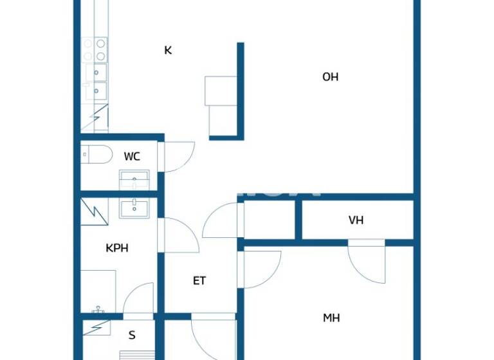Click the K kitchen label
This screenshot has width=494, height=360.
[168, 50]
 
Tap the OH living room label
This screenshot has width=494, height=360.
[330, 77]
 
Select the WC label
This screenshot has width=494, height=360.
[132, 156]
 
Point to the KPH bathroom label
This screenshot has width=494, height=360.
[117, 248]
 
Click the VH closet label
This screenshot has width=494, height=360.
[356, 220]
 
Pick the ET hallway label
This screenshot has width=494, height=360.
[199, 280]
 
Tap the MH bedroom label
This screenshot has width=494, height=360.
[331, 318]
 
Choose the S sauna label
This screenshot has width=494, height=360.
[132, 335]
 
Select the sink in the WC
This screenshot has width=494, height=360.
[134, 179]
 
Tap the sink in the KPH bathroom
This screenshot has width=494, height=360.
[134, 208]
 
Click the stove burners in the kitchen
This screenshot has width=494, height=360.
[95, 50]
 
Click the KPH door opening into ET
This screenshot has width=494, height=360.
[180, 236]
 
